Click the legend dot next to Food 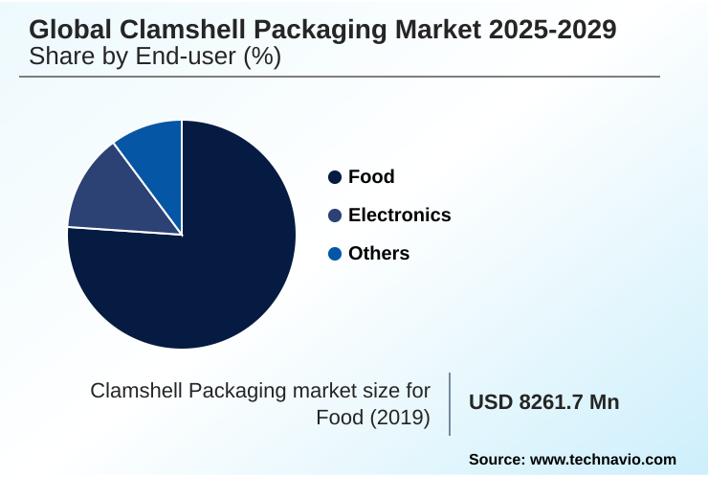point(335,177)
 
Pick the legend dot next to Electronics point(335,216)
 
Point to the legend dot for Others point(335,254)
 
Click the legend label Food point(371,177)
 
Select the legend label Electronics point(399,216)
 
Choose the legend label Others point(379,254)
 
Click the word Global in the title point(65,30)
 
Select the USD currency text point(490,402)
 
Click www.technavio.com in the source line point(604,460)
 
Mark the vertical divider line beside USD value point(450,403)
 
